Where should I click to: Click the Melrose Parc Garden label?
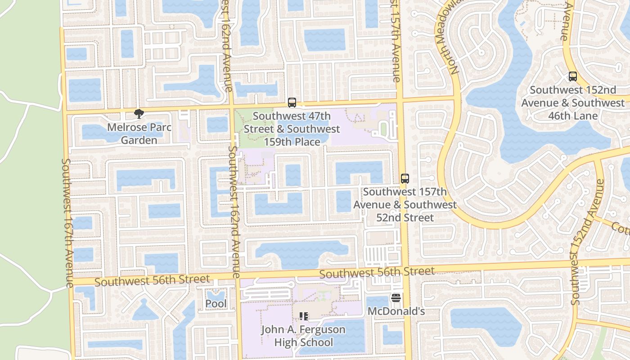(x=139, y=134)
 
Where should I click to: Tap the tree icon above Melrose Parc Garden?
(x=139, y=114)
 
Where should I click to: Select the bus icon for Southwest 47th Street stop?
(x=292, y=103)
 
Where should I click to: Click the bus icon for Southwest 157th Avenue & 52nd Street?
(x=405, y=179)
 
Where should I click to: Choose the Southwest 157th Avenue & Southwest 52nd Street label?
(x=405, y=205)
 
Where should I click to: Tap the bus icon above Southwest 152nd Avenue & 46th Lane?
(x=572, y=76)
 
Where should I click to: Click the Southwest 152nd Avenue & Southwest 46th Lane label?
(x=573, y=103)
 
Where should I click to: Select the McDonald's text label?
(x=396, y=311)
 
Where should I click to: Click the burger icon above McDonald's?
(x=396, y=298)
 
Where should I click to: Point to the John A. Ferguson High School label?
(x=303, y=336)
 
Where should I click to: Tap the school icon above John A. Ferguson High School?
(x=303, y=316)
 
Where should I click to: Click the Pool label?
(x=216, y=304)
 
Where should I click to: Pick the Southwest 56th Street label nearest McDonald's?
(x=377, y=272)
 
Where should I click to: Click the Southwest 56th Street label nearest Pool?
(x=152, y=280)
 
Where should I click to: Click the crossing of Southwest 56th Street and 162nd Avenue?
(x=237, y=276)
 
